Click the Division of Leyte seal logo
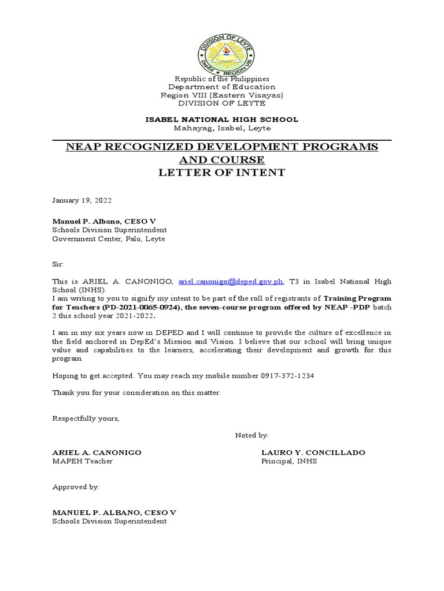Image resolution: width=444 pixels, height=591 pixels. (221, 48)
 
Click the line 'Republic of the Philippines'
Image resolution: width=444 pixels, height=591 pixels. (221, 78)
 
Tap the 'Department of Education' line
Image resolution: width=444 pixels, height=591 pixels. (221, 87)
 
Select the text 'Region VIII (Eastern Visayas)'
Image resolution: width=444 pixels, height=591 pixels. (221, 95)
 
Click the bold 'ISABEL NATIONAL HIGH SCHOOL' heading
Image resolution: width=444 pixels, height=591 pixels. (221, 119)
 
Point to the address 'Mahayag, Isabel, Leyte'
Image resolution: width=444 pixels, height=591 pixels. (221, 128)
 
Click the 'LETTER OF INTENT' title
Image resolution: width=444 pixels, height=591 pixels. (222, 173)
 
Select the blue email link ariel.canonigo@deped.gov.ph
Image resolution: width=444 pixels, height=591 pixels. (231, 281)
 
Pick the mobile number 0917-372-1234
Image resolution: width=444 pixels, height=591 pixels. (287, 376)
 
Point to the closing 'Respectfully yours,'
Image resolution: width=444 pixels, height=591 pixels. (86, 418)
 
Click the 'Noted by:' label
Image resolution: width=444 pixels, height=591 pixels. (251, 435)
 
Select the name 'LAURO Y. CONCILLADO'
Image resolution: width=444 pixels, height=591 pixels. (313, 452)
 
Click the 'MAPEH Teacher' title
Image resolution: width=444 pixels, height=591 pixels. (83, 461)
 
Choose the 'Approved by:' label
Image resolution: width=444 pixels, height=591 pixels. (76, 487)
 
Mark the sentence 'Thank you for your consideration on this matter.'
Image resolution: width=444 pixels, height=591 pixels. (136, 392)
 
